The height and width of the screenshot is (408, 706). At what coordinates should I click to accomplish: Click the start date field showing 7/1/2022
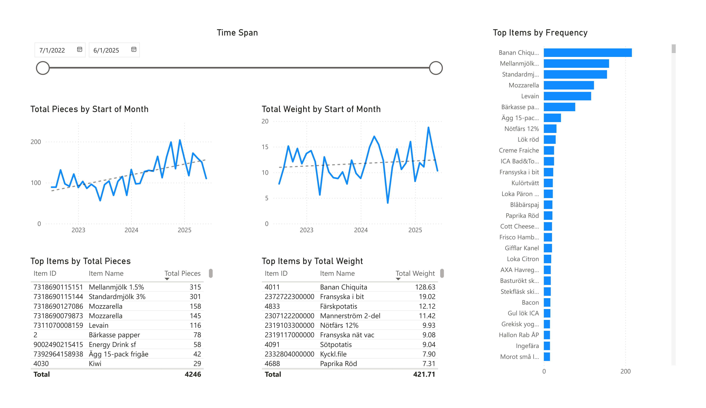60,50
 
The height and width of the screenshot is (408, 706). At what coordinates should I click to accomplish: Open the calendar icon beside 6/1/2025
134,50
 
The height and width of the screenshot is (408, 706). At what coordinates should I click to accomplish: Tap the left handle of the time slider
43,68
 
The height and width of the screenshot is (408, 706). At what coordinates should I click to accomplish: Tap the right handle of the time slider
436,68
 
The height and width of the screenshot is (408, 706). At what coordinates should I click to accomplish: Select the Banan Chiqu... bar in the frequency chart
587,53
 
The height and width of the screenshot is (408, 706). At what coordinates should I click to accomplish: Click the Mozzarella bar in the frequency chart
569,85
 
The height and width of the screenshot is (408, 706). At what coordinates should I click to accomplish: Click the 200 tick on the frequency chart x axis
625,371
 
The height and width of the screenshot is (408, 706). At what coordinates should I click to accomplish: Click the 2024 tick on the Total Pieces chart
131,230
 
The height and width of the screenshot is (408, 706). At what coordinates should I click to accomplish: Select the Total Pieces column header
182,274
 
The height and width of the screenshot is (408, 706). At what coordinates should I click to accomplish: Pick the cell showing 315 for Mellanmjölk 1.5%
195,287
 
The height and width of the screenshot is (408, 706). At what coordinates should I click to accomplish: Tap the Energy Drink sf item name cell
112,344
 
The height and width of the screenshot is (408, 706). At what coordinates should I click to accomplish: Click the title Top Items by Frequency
540,33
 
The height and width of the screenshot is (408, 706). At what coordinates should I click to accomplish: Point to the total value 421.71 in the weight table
424,374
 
